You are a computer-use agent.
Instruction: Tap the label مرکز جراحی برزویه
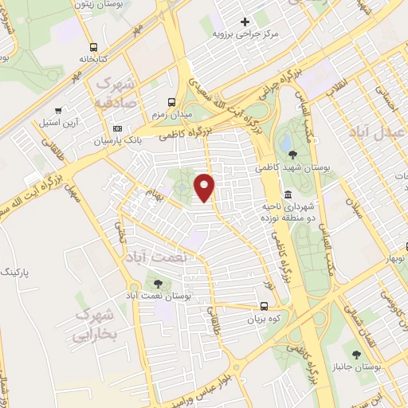tap(247, 34)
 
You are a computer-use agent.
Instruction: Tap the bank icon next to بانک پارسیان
tap(118, 127)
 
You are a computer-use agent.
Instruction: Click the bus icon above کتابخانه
tap(94, 46)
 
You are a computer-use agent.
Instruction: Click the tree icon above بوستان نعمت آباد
tap(155, 282)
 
